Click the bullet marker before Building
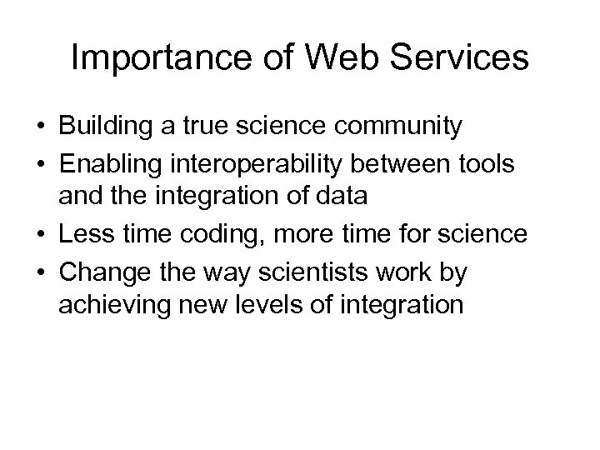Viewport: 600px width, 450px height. [40, 127]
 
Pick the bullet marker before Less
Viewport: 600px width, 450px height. [40, 235]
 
